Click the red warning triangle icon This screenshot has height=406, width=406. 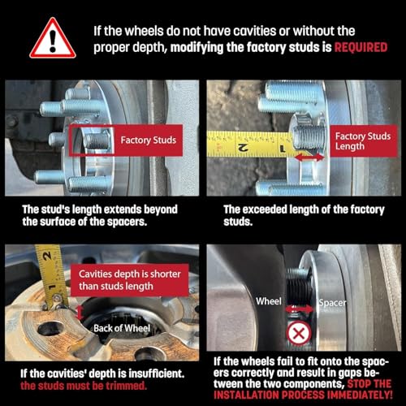pyautogui.click(x=53, y=38)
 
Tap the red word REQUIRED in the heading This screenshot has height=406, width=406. pyautogui.click(x=361, y=47)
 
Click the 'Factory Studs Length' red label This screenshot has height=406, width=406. pyautogui.click(x=363, y=141)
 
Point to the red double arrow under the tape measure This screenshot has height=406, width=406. pyautogui.click(x=309, y=158)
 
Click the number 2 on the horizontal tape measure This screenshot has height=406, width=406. pyautogui.click(x=243, y=147)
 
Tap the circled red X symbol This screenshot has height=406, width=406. pyautogui.click(x=299, y=333)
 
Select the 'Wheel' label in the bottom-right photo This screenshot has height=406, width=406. pyautogui.click(x=269, y=301)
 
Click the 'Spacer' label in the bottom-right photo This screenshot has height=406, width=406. pyautogui.click(x=332, y=303)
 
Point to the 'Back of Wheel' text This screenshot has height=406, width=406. pyautogui.click(x=122, y=328)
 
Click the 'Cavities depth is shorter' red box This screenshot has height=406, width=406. pyautogui.click(x=130, y=280)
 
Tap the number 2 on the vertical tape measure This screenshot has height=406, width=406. pyautogui.click(x=47, y=256)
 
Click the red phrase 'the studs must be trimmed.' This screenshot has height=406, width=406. pyautogui.click(x=84, y=386)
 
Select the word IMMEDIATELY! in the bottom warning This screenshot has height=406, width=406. pyautogui.click(x=358, y=395)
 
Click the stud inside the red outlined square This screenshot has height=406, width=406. pyautogui.click(x=97, y=140)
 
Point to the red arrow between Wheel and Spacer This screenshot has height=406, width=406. pyautogui.click(x=299, y=309)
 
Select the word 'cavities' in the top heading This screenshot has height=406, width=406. pyautogui.click(x=255, y=31)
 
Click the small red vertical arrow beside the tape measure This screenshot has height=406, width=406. pyautogui.click(x=80, y=313)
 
